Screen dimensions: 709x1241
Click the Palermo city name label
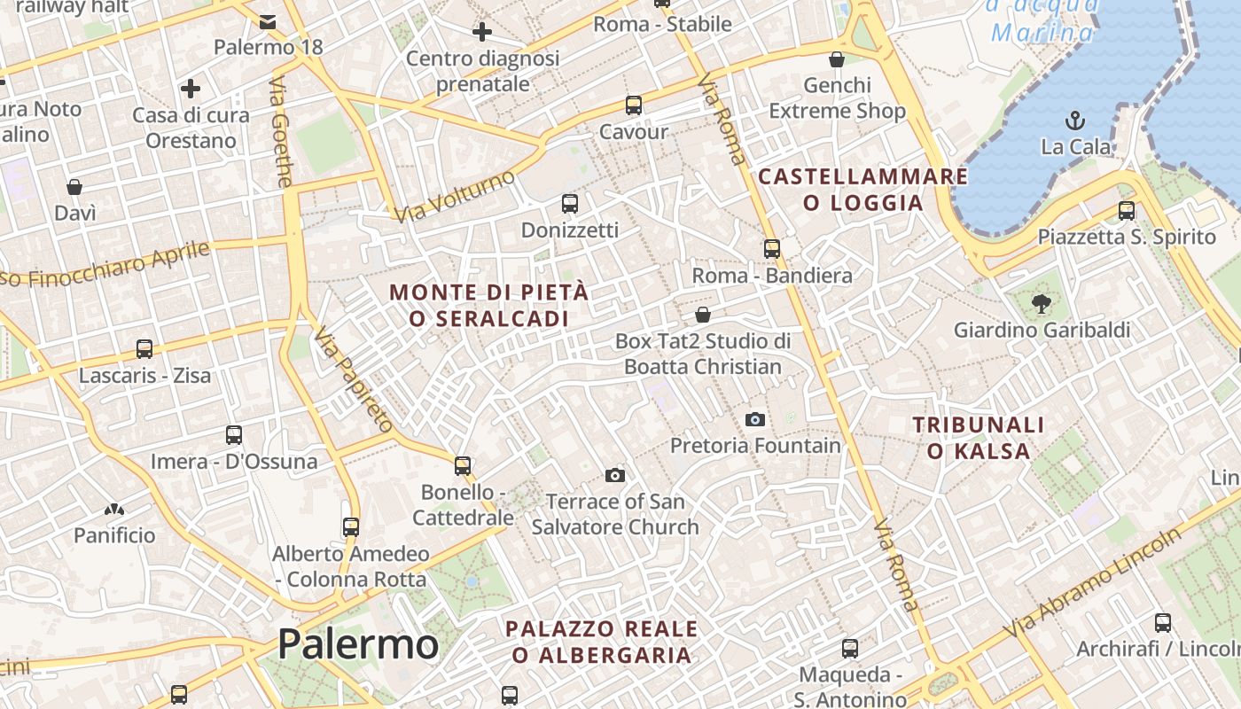pos(357,644)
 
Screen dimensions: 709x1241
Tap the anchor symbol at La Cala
pos(1074,120)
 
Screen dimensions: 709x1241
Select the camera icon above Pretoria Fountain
pos(755,419)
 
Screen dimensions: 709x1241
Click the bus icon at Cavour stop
pos(633,105)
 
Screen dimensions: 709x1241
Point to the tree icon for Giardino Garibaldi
pos(1042,304)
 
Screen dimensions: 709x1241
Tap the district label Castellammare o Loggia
pos(863,190)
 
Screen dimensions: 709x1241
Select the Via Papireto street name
pos(353,379)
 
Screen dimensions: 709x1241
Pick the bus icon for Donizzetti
pos(570,204)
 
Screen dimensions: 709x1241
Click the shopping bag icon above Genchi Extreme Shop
pos(836,59)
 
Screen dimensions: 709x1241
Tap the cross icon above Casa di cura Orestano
pos(191,89)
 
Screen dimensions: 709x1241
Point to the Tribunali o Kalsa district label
pos(979,438)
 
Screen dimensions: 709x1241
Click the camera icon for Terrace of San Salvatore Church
pos(614,476)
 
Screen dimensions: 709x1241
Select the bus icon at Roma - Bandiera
pos(772,249)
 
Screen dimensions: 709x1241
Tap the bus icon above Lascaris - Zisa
pos(144,349)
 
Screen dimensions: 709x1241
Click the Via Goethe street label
pos(280,133)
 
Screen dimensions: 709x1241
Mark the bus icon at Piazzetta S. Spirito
pos(1127,211)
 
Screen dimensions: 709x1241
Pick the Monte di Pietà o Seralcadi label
pos(488,305)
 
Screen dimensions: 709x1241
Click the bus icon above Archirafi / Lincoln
pos(1163,623)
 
